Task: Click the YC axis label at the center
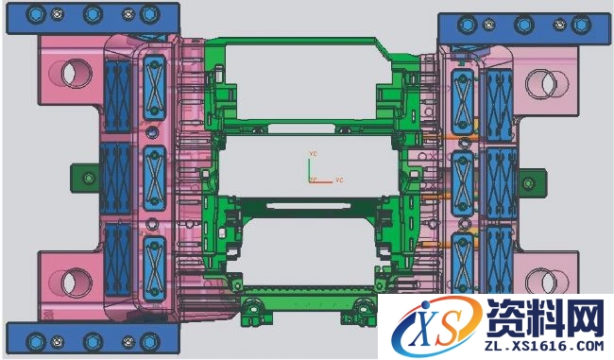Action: [313, 152]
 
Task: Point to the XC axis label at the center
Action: [337, 180]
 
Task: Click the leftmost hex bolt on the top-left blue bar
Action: [34, 15]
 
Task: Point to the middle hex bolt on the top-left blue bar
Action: [92, 15]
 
